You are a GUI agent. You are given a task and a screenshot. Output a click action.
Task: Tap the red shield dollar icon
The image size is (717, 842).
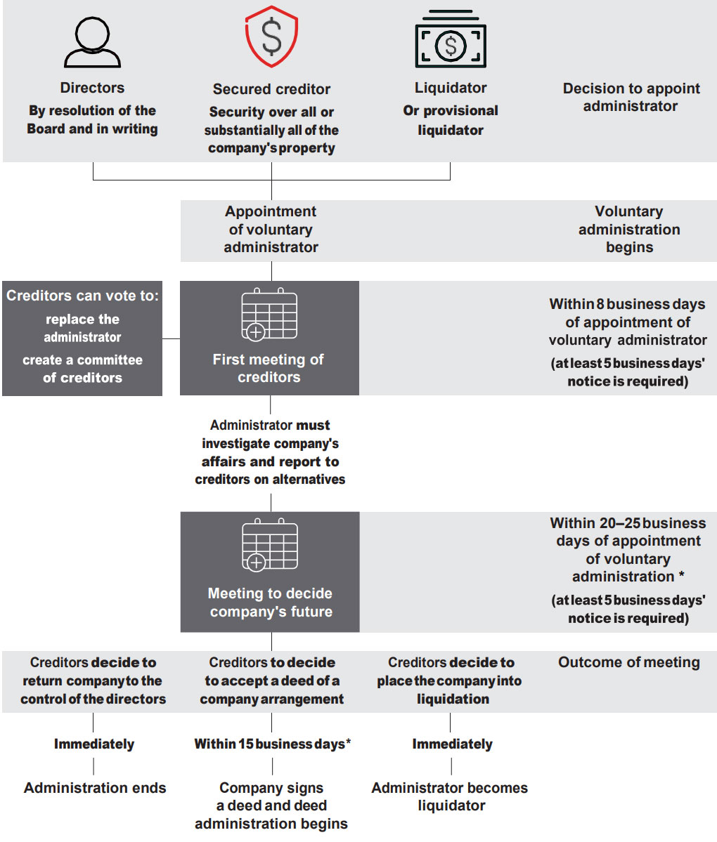point(271,37)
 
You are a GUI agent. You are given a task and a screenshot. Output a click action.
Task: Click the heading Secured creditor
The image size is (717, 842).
point(271,88)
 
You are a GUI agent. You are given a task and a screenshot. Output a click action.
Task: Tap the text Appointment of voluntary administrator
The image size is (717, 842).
point(271,230)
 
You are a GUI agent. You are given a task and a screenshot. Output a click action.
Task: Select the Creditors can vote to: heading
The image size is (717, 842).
point(82,296)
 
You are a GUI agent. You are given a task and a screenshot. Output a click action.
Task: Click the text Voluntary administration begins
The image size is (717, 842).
point(629,230)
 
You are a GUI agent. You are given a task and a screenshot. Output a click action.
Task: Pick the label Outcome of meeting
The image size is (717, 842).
point(629,662)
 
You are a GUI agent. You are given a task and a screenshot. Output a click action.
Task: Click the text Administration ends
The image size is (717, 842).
point(95,788)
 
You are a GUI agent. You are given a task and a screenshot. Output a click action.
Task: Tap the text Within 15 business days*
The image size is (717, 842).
point(273,744)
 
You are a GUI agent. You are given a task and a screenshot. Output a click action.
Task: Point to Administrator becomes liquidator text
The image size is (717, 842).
point(450,796)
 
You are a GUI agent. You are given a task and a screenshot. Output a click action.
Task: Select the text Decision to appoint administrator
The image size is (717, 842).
point(631,97)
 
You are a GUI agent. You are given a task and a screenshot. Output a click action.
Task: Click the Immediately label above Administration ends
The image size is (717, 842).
point(94,744)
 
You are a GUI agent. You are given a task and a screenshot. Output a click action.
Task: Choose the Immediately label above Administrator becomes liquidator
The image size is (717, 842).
point(452,744)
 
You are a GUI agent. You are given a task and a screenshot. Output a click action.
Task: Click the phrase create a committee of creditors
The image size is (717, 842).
point(83,369)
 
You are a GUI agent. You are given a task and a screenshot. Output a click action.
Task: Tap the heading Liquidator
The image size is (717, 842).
point(451,88)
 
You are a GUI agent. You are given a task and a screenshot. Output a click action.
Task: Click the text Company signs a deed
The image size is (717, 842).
point(271,796)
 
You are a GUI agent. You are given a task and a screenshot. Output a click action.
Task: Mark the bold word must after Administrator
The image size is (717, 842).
point(314,426)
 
